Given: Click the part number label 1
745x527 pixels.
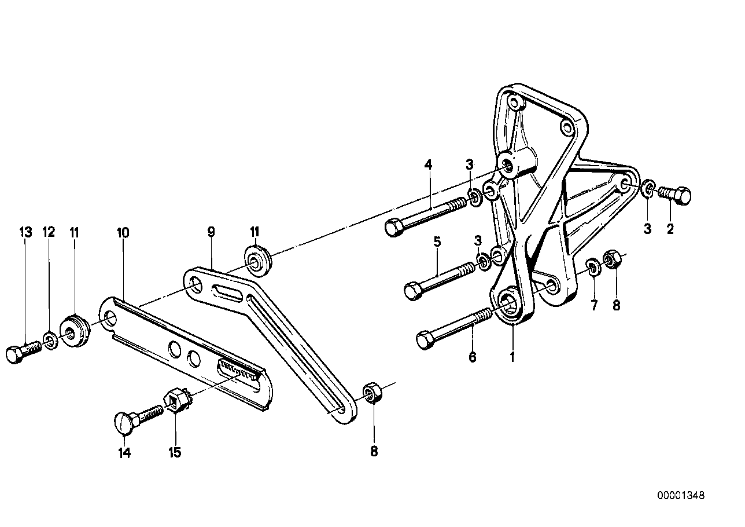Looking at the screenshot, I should pos(512,358).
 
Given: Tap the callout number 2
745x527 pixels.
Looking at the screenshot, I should pos(670,229).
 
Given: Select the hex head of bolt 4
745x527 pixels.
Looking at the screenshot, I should pos(394,228).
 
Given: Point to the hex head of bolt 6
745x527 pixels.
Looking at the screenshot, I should pos(426,340).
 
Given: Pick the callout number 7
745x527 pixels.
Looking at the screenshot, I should pos(594,305).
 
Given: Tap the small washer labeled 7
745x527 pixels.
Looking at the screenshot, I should pos(592,266).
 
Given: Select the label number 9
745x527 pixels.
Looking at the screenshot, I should pos(211,232).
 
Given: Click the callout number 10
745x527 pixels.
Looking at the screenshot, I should pos(123,233).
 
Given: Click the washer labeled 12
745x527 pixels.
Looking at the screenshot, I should pos(51,341).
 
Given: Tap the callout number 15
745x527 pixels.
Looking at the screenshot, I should pos(175,453).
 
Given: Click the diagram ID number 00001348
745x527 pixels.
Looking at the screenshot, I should pos(681,496).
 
